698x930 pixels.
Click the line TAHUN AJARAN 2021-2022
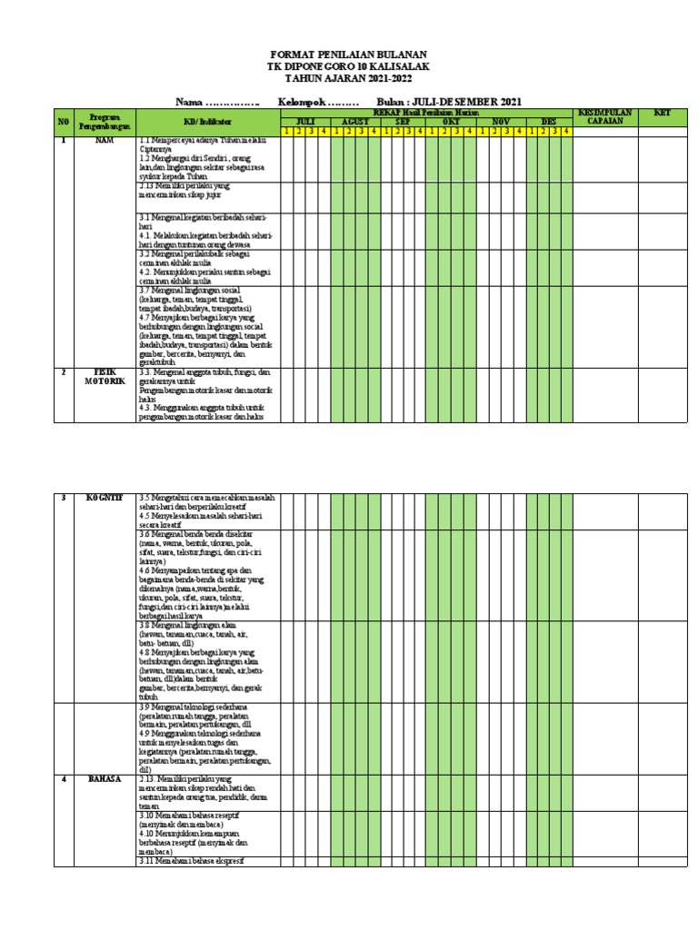pos(349,79)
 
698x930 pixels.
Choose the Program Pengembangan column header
pos(105,117)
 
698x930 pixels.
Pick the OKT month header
pos(452,121)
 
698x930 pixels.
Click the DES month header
pos(549,121)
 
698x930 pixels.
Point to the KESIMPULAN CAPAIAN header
pos(605,116)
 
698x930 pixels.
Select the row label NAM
pos(105,141)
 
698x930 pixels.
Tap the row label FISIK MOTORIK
pos(105,376)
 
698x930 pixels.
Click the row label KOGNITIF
pos(105,498)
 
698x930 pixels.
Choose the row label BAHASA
pos(105,779)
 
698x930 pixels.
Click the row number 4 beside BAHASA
pos(64,779)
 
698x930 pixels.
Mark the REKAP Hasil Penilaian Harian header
pos(427,112)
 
